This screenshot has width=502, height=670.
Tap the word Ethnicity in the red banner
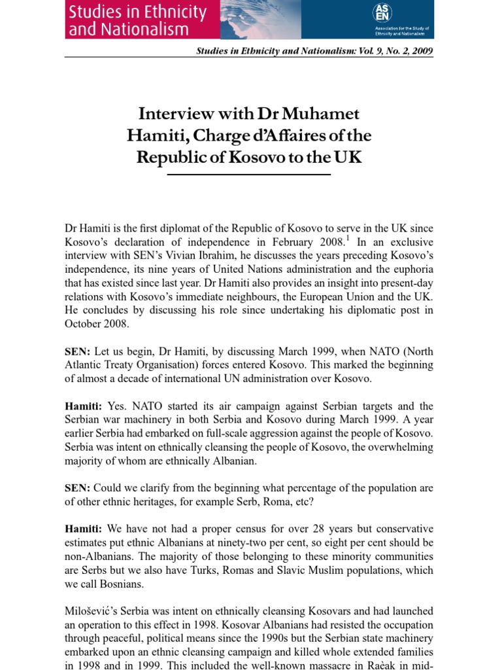pyautogui.click(x=173, y=12)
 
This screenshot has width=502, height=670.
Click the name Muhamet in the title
pyautogui.click(x=320, y=114)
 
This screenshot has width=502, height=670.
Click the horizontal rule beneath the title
pyautogui.click(x=249, y=175)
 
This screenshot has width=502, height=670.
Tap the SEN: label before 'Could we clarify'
pyautogui.click(x=78, y=488)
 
